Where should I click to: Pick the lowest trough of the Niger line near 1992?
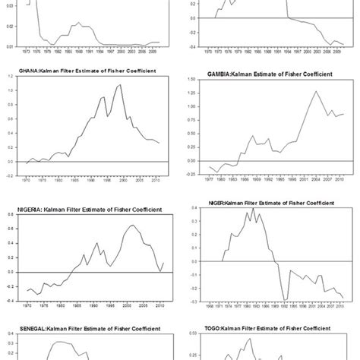coord(285,300)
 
